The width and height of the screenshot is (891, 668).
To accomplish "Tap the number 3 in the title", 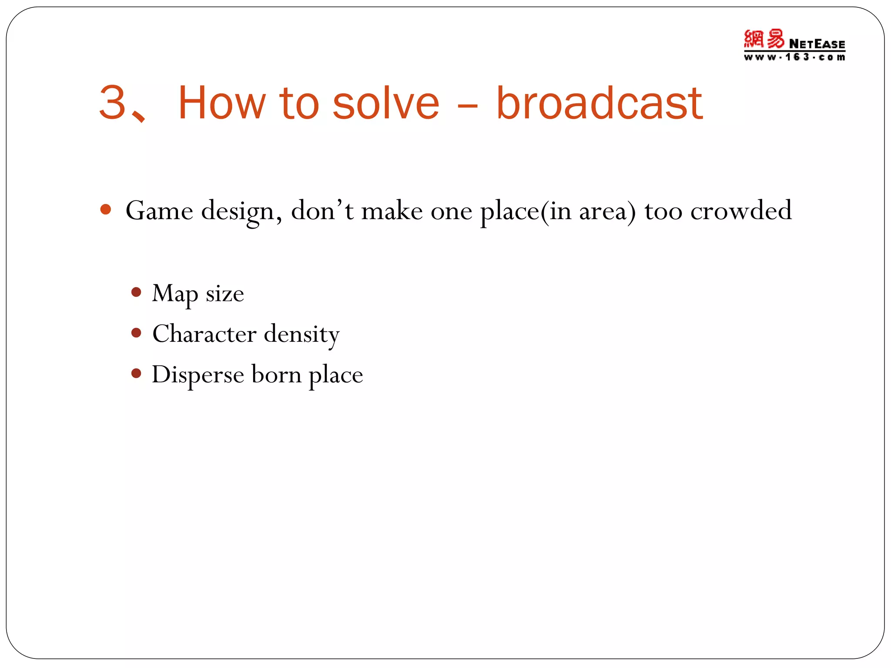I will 112,103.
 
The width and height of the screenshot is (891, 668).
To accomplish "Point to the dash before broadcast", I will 468,106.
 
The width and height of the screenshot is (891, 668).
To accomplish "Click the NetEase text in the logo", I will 817,44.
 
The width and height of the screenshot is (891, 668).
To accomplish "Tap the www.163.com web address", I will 794,57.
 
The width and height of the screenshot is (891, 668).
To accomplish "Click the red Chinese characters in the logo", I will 764,39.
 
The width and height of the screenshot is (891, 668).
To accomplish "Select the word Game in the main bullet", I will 159,211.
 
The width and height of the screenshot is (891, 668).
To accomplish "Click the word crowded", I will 741,210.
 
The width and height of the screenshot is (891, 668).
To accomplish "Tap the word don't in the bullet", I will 322,210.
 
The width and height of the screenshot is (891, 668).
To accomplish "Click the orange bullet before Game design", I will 105,210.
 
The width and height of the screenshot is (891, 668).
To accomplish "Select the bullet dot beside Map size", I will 136,292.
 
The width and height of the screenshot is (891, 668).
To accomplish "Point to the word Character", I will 204,334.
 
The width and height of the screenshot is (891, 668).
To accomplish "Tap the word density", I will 301,335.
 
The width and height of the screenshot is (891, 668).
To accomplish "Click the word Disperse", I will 198,375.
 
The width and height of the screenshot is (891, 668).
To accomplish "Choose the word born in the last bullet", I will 276,374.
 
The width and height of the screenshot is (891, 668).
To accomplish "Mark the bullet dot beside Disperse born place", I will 136,373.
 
